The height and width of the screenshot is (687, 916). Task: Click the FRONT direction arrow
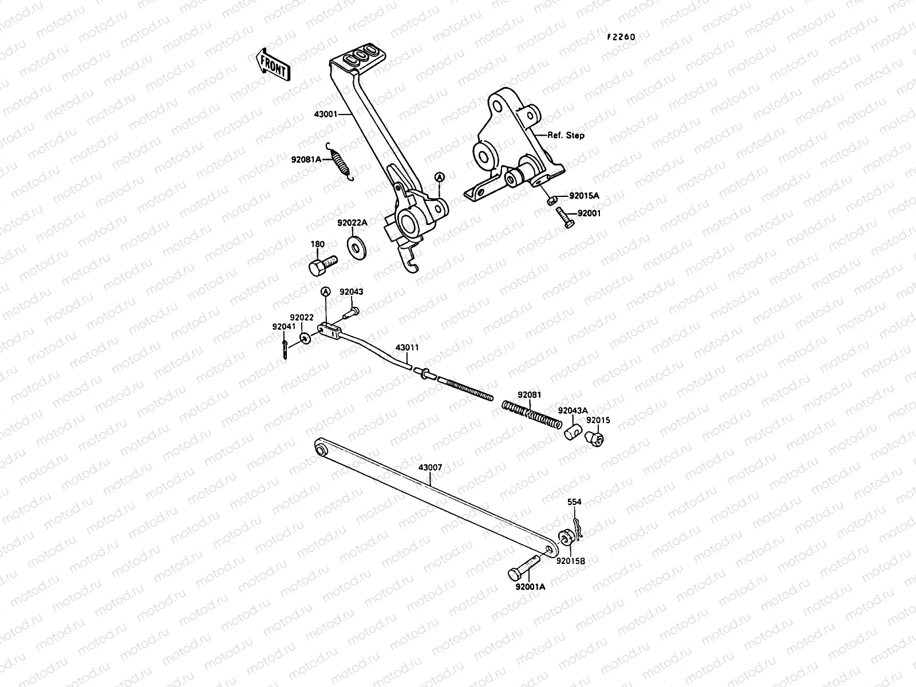(x=273, y=66)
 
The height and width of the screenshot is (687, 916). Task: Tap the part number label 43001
(x=325, y=114)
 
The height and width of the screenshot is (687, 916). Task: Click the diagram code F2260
(x=621, y=37)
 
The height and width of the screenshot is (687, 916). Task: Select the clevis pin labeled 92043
(x=351, y=312)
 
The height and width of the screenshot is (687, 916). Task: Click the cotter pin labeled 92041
(x=285, y=349)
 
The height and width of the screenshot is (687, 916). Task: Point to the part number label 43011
(x=407, y=348)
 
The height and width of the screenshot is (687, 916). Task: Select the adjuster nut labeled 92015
(x=594, y=439)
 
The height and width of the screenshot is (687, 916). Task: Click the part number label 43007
(x=430, y=467)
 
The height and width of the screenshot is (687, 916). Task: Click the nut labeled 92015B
(x=564, y=536)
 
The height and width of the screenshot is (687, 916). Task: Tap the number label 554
(x=574, y=502)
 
